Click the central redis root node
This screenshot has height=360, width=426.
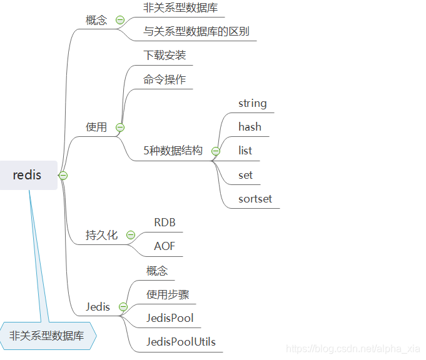tap(28, 175)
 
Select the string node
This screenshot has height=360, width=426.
tap(252, 103)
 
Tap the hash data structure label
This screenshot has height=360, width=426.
tap(250, 127)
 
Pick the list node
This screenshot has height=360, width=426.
tap(245, 151)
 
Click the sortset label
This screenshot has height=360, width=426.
tap(255, 199)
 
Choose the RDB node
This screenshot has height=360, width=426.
tap(165, 222)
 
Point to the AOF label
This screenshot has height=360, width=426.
tap(165, 246)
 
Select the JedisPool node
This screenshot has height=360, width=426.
tap(170, 318)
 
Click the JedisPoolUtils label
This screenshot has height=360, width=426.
tap(181, 342)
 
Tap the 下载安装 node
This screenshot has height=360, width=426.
tap(165, 55)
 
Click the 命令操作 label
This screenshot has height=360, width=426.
tap(165, 79)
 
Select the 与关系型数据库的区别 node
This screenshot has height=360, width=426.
tap(196, 31)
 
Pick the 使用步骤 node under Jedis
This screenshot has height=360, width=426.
tap(168, 294)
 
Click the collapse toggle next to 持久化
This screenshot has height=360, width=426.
tap(131, 235)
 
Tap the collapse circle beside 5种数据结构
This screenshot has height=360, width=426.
tap(216, 151)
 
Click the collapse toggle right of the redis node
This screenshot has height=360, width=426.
tap(63, 176)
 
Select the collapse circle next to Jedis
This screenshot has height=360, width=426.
tap(123, 307)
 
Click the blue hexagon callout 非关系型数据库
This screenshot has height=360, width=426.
tap(48, 336)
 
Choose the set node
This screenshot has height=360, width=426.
tap(245, 175)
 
